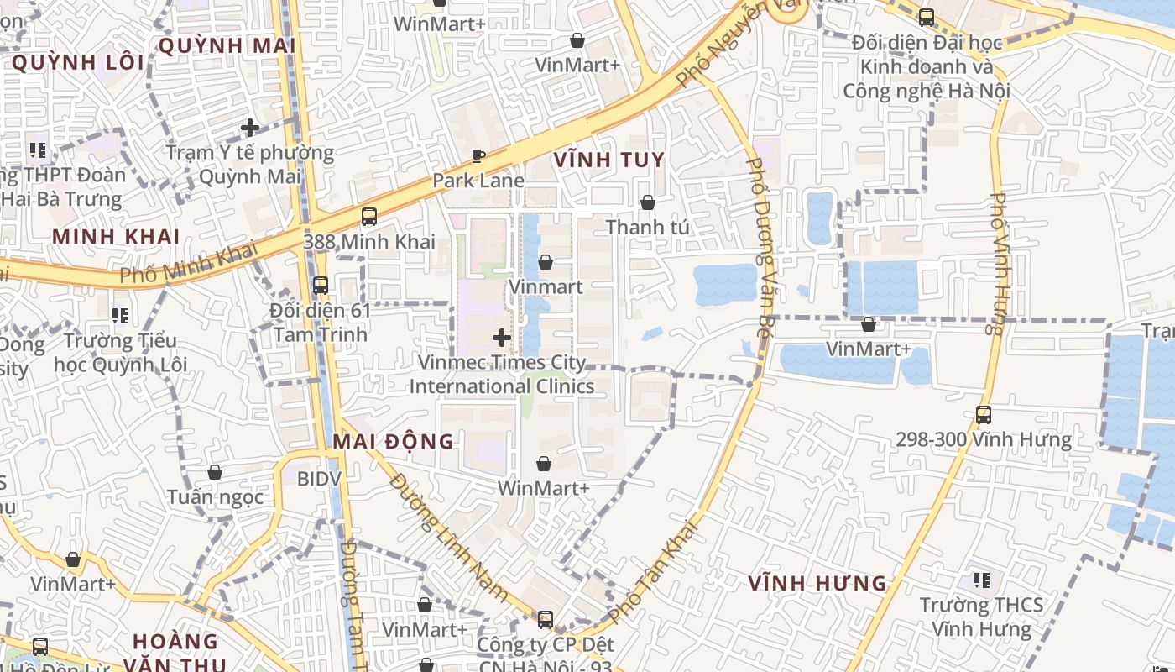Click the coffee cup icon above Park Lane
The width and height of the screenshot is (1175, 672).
478,155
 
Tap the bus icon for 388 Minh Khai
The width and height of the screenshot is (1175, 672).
368,217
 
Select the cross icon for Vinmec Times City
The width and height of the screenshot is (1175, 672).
502,338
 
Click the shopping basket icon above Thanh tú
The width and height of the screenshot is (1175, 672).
647,202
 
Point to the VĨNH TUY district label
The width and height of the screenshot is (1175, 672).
608,160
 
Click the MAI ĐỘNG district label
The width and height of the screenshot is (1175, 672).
393,441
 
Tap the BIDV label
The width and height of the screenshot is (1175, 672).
319,479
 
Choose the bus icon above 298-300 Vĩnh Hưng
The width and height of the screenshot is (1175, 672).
983,414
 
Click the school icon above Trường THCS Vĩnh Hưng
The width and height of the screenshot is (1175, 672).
981,580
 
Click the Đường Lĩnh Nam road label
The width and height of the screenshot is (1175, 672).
448,538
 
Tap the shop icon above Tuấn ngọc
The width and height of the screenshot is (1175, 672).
215,472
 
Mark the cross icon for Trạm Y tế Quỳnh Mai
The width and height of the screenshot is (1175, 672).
249,128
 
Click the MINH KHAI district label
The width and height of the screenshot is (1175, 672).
116,236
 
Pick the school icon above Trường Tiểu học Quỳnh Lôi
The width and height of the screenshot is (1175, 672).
120,315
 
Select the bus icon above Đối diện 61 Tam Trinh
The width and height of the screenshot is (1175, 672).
320,285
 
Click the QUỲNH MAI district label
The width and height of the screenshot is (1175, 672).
227,45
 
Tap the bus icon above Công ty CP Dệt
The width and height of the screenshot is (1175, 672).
546,620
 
